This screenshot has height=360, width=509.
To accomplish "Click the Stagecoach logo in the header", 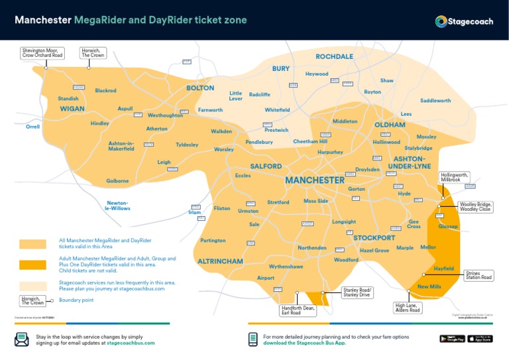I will (464, 21).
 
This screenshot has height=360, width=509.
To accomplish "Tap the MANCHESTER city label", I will (314, 180).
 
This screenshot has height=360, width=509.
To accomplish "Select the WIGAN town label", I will (72, 109).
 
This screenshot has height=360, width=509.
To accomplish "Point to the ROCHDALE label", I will (334, 57).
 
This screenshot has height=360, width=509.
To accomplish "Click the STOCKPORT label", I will (374, 237).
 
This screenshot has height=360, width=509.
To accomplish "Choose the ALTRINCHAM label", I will (220, 262).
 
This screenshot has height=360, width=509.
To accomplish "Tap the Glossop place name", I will (448, 226).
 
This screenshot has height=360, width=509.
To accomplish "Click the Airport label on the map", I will (265, 278).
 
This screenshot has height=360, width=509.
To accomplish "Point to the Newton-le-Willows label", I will (118, 206).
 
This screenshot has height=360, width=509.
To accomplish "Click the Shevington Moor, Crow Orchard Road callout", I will (42, 52).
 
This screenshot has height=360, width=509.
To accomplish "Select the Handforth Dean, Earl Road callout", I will (298, 310).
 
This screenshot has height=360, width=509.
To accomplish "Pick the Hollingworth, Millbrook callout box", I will (454, 178).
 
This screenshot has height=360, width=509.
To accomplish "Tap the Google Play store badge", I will (452, 339).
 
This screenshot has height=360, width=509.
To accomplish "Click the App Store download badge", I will (484, 339).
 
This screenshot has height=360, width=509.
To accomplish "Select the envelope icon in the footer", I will (22, 339).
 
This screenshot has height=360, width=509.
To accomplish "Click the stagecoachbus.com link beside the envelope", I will (130, 343).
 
